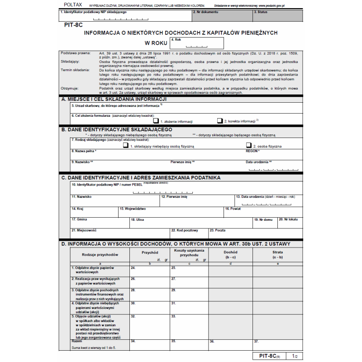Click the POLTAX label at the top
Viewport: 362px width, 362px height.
[70, 4]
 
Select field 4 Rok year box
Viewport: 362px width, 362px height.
[196, 43]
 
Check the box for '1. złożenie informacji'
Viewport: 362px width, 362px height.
[156, 121]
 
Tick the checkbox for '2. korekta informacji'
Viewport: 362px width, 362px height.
[220, 121]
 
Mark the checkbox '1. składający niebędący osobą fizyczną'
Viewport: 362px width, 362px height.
[126, 146]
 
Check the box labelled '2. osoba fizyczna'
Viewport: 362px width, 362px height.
[248, 146]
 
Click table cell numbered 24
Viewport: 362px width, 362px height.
[149, 271]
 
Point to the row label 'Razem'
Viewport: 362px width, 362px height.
[77, 341]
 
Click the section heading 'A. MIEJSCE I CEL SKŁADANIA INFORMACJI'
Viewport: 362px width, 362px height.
[114, 99]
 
